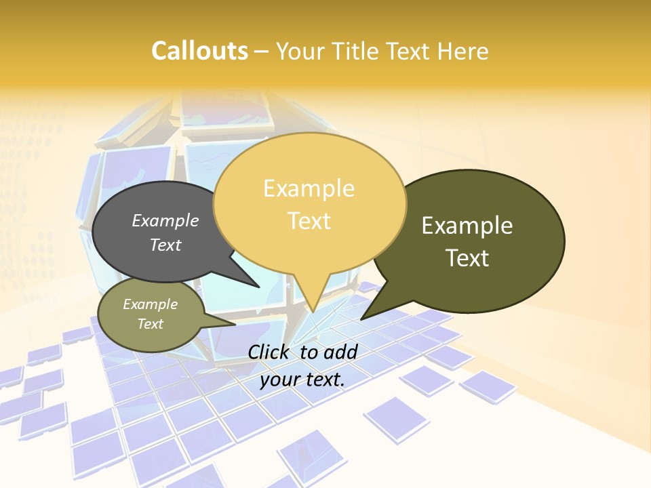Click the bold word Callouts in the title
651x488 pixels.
199,51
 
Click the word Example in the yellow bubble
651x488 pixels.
309,188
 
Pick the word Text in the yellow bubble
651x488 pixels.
309,220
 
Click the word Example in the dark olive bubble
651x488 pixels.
467,226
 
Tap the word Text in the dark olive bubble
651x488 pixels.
467,258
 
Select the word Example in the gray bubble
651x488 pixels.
165,220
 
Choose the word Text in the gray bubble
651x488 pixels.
165,245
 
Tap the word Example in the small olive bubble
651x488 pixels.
150,304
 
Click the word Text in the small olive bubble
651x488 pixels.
150,324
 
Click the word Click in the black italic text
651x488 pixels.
270,352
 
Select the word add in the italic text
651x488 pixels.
340,352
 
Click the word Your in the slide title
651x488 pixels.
299,51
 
